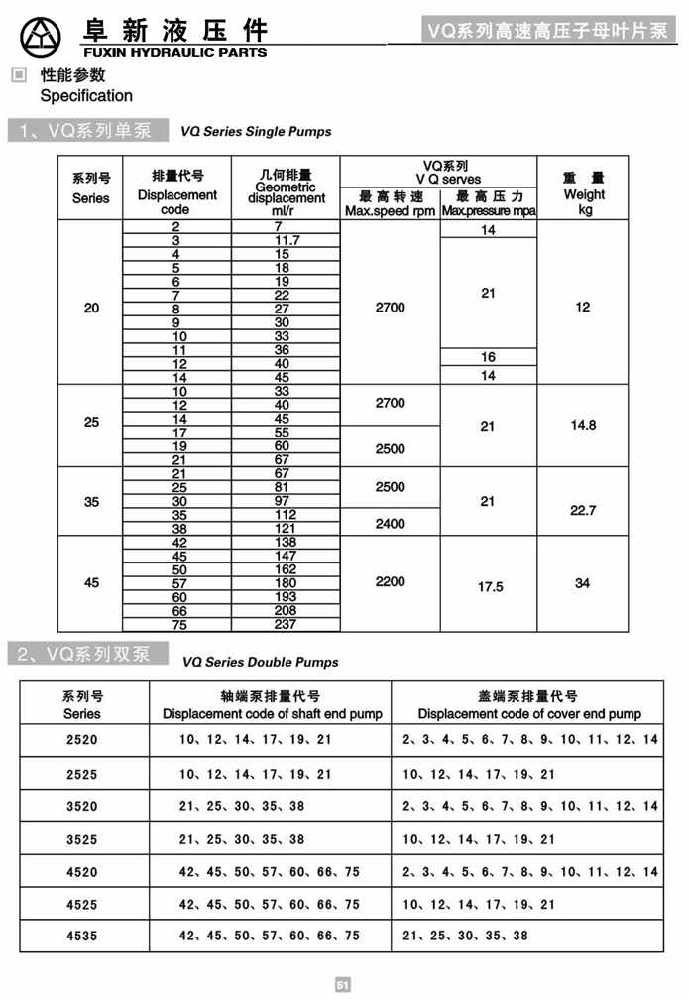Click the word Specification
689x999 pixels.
click(86, 96)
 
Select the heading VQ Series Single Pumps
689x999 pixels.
click(256, 131)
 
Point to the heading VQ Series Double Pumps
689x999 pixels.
click(260, 662)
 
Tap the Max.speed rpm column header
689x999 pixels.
click(390, 211)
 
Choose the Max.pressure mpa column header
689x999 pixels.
click(489, 211)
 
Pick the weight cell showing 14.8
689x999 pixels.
click(583, 425)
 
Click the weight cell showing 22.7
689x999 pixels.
click(583, 510)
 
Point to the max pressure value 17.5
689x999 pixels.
click(490, 587)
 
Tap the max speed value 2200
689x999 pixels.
click(391, 581)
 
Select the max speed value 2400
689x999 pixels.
click(390, 523)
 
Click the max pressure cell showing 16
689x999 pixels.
click(488, 357)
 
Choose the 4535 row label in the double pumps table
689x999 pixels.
click(82, 936)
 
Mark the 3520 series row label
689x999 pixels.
click(82, 807)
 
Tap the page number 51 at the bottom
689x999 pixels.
click(344, 985)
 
